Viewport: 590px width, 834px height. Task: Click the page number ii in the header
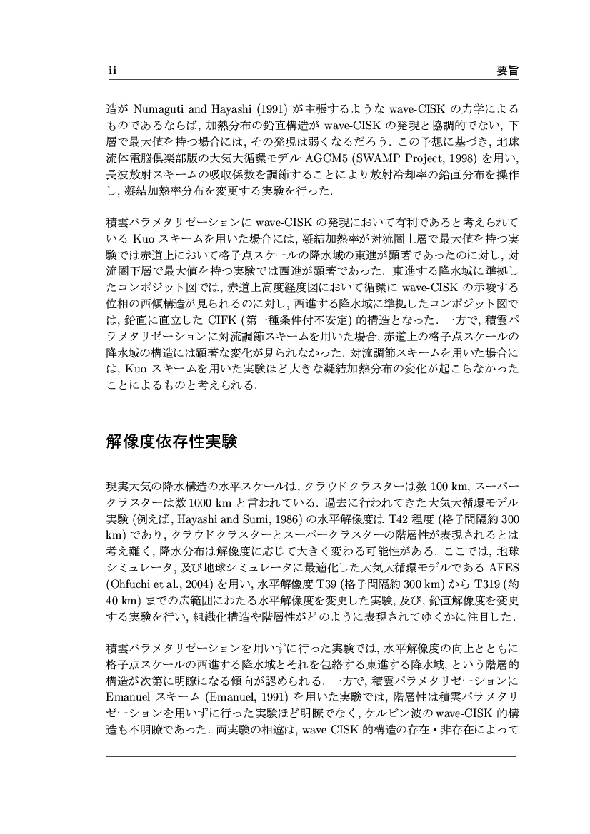(x=111, y=71)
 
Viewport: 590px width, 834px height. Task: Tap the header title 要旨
(x=506, y=71)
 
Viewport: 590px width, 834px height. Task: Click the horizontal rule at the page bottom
(x=310, y=756)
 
